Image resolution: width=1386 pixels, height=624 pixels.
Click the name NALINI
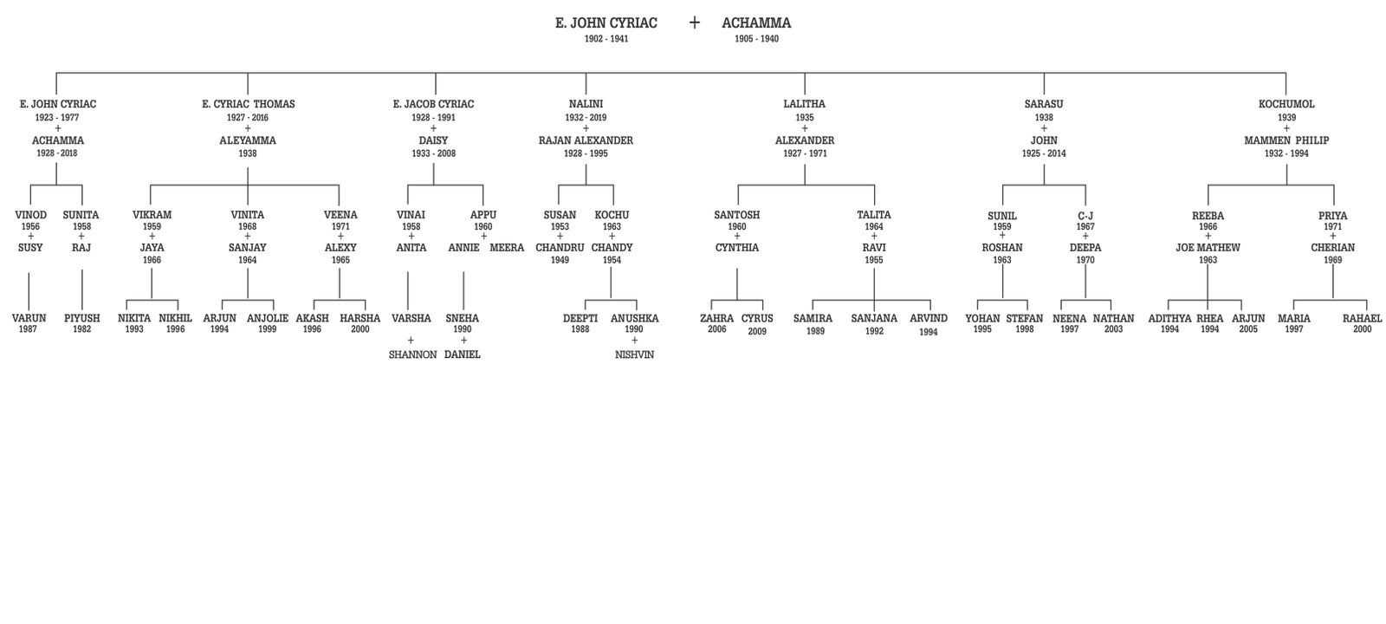click(x=586, y=104)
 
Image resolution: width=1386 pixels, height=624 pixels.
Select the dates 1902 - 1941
click(x=606, y=39)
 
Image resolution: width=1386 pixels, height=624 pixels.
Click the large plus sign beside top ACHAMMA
click(x=694, y=23)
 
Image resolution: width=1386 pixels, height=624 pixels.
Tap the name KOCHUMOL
click(x=1286, y=104)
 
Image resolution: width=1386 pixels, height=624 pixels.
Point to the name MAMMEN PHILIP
click(x=1286, y=140)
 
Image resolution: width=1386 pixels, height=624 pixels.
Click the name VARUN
click(x=29, y=318)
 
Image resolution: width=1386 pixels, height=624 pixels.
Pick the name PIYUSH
click(x=81, y=318)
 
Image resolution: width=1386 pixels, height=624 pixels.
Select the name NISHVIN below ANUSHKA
click(x=634, y=354)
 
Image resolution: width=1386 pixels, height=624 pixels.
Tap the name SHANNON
click(x=412, y=354)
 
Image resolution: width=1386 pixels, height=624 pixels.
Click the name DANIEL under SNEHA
click(x=462, y=354)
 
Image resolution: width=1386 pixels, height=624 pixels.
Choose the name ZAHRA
click(x=716, y=318)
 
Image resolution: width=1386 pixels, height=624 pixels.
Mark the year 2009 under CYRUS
click(x=757, y=331)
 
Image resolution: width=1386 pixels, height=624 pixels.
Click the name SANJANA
click(x=873, y=318)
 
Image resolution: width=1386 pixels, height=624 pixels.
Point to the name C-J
click(x=1085, y=215)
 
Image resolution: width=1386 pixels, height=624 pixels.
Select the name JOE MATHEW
click(x=1208, y=248)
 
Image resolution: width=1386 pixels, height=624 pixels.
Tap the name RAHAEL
click(x=1362, y=318)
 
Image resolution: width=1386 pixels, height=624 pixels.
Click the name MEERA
click(x=507, y=248)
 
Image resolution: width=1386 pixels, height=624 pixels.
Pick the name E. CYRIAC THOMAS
click(x=248, y=104)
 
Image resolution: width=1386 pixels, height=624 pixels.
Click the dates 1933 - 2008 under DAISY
click(x=433, y=153)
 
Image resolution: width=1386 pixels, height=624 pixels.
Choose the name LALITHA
click(x=804, y=104)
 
